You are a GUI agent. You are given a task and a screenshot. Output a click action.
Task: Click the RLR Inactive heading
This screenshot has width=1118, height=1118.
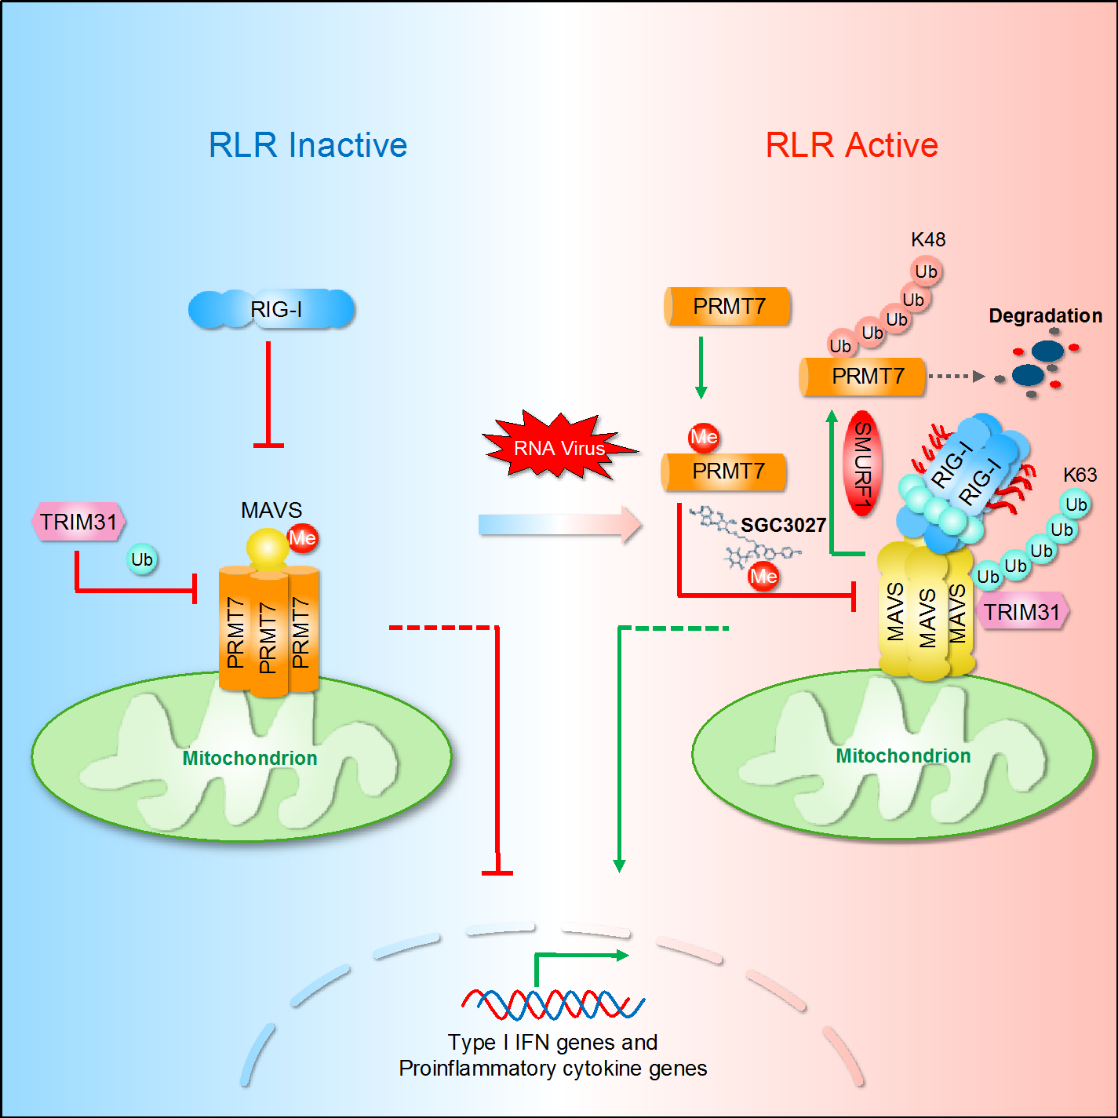click(x=308, y=145)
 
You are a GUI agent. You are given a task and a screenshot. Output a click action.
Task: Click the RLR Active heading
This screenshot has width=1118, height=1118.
click(x=851, y=145)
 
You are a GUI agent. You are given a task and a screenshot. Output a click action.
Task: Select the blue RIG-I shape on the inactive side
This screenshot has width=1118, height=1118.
click(x=272, y=309)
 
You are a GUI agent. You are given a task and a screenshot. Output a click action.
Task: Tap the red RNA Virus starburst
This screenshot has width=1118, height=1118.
click(x=559, y=447)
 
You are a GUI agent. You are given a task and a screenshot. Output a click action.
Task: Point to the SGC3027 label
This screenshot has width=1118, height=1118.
click(x=783, y=525)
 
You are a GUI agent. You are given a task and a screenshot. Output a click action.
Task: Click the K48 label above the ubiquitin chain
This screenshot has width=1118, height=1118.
click(x=928, y=239)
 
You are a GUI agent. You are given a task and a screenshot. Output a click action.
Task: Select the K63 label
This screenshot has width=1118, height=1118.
click(x=1080, y=475)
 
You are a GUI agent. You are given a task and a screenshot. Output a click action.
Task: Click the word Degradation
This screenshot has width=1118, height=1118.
click(x=1045, y=315)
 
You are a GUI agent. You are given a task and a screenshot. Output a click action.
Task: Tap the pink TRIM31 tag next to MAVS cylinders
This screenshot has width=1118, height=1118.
click(x=1021, y=612)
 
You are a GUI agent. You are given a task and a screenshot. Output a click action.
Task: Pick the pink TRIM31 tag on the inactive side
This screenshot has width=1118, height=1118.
click(x=78, y=523)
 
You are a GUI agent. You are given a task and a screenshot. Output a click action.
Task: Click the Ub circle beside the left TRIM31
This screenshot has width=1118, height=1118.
click(x=142, y=559)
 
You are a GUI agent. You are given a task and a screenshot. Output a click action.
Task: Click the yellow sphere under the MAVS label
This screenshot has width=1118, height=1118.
click(x=268, y=549)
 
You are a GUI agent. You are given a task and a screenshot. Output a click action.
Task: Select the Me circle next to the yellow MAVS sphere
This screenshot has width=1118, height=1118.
click(x=303, y=538)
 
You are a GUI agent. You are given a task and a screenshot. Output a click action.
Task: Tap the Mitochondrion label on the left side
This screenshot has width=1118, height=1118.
click(x=249, y=758)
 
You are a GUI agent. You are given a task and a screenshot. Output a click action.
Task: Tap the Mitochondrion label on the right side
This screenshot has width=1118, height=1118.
click(x=903, y=756)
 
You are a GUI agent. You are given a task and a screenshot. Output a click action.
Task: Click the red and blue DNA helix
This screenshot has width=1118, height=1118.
click(x=553, y=1003)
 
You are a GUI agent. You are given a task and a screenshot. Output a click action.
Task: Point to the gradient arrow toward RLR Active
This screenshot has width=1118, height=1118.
click(x=559, y=524)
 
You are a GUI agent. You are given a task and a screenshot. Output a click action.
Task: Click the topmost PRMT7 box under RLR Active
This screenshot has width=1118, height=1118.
click(x=727, y=306)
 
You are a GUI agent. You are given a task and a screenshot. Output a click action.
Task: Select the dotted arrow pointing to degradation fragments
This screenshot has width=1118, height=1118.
click(x=955, y=377)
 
